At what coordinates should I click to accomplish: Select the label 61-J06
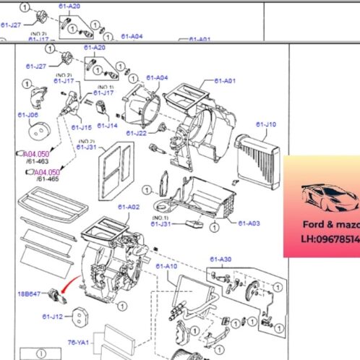[29, 114]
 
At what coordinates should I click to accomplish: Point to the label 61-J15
[80, 127]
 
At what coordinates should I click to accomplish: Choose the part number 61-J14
[107, 126]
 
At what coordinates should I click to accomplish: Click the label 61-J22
[136, 132]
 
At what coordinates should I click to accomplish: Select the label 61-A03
[248, 222]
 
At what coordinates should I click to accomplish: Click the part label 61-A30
[220, 259]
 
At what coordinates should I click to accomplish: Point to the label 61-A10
[166, 266]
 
